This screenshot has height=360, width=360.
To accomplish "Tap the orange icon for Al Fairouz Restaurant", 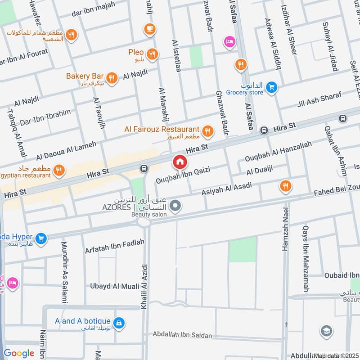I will click(x=207, y=131).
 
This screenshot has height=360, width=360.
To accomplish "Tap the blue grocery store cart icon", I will click(x=270, y=87).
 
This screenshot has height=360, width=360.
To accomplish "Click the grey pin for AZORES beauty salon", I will click(x=176, y=207).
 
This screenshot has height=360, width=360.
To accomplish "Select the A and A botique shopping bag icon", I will click(x=119, y=323).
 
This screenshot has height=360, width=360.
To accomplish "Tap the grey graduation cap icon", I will click(x=326, y=332).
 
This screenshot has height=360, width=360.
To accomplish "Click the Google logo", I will click(x=19, y=353).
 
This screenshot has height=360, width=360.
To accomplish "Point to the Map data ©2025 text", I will click(x=336, y=355).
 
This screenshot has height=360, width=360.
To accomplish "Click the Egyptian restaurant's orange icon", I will click(x=58, y=170).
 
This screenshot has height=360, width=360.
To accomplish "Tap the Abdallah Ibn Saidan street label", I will click(x=182, y=335).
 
